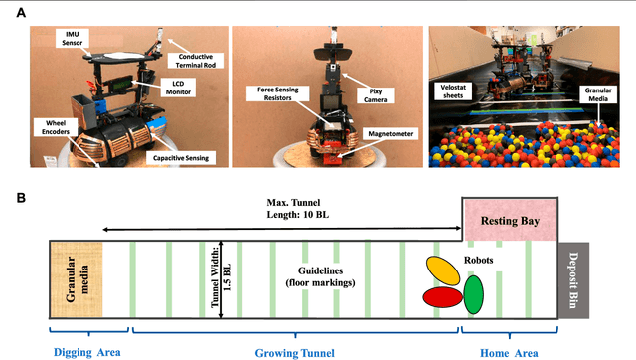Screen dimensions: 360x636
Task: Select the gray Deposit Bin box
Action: point(571,276)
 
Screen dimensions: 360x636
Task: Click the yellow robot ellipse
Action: point(444,270)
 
